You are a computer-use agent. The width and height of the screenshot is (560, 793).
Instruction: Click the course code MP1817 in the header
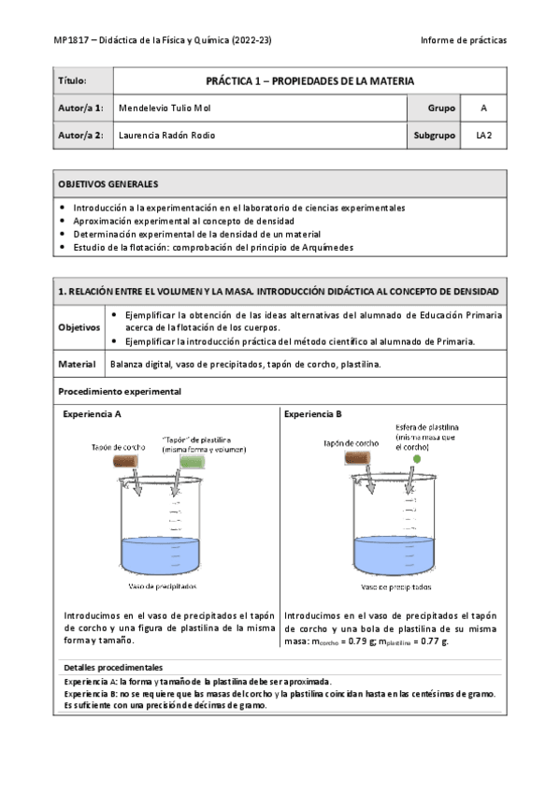(71, 41)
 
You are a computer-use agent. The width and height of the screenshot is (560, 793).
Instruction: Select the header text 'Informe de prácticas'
(464, 41)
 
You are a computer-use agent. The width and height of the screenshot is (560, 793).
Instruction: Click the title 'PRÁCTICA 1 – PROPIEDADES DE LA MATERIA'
(309, 81)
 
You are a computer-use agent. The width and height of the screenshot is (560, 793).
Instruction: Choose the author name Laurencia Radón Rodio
(167, 136)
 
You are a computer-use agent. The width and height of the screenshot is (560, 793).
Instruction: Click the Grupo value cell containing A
(483, 108)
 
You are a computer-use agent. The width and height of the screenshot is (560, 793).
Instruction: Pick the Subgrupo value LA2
(483, 136)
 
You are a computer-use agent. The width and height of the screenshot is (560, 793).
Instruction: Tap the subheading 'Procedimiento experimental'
(120, 391)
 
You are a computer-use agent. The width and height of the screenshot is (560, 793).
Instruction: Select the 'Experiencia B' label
(313, 412)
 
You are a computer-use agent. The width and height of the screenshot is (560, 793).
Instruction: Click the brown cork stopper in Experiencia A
(126, 461)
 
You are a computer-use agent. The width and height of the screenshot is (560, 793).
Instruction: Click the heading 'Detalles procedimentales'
(113, 668)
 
